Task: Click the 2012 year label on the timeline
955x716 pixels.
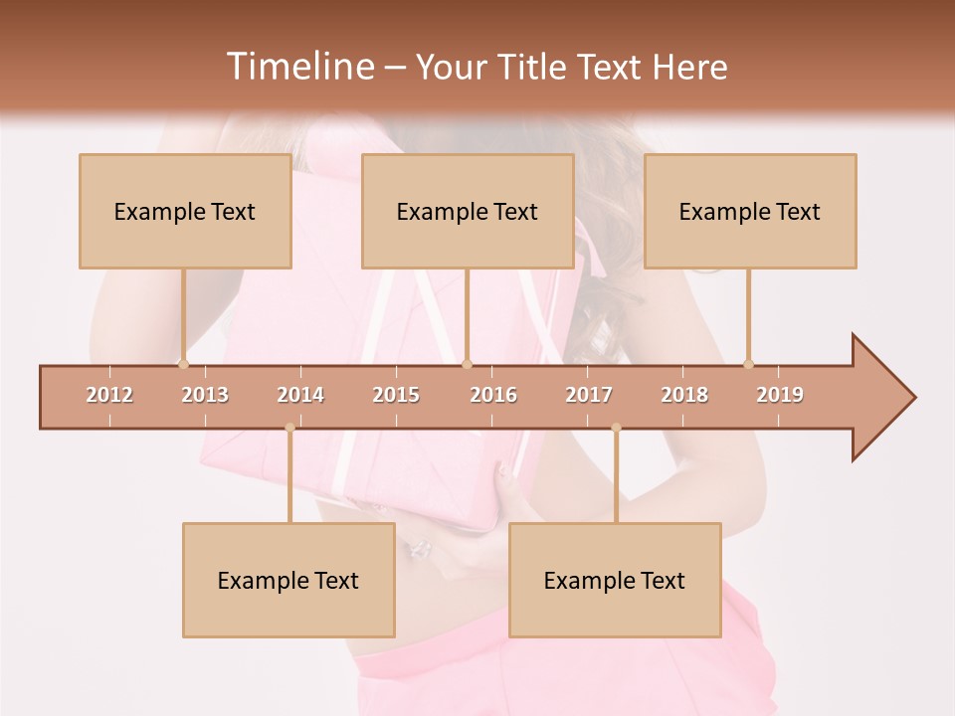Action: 109,395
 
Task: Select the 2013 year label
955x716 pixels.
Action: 205,395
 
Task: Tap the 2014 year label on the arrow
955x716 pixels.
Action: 300,395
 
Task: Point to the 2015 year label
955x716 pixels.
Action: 396,395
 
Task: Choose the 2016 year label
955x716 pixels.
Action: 493,395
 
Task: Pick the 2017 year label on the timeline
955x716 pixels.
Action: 589,395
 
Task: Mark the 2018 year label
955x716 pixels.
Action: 684,395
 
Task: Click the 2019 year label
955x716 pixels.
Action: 780,395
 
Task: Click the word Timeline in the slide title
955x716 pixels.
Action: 298,67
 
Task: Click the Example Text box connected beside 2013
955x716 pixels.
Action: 185,212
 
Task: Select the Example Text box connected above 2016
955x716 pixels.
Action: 468,212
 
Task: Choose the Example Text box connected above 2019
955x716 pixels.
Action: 750,212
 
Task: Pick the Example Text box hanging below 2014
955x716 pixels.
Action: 288,581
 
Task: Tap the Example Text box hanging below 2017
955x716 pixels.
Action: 615,581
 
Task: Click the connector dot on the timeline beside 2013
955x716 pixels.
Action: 183,364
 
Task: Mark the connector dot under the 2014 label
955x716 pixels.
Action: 289,428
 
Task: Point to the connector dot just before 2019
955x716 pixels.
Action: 748,364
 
